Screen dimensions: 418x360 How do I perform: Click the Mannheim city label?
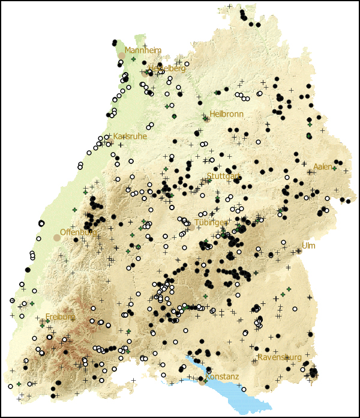pos(143,50)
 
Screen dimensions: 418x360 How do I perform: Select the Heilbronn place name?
pos(226,114)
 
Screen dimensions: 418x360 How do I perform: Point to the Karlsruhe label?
pos(130,136)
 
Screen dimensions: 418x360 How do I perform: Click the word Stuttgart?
pos(223,176)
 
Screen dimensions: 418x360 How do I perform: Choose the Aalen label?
pos(322,166)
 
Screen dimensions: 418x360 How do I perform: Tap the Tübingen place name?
pos(211,222)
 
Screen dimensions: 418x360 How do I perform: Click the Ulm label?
pos(308,246)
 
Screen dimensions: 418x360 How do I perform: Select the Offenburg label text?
pos(79,232)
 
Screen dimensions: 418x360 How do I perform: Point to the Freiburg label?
pos(60,317)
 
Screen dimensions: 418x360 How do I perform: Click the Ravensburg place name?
pos(279,357)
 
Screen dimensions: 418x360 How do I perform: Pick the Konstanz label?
pos(221,377)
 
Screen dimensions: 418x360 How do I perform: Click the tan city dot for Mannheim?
pos(122,55)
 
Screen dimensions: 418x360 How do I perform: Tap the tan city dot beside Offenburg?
pos(57,237)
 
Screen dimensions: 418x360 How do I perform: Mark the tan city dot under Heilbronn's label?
pos(207,120)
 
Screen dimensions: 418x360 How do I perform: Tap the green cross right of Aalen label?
pos(334,168)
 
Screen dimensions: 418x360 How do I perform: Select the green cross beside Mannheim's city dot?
pos(133,59)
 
